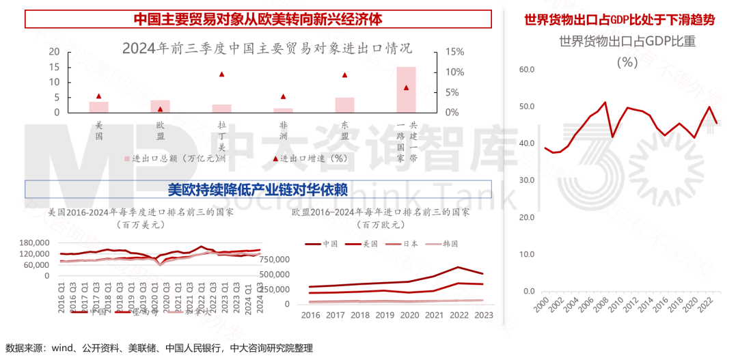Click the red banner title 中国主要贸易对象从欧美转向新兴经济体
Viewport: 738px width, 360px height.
click(x=258, y=19)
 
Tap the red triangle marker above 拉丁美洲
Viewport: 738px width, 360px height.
click(x=221, y=74)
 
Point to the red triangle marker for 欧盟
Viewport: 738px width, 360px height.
click(x=160, y=109)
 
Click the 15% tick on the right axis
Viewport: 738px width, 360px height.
click(x=454, y=52)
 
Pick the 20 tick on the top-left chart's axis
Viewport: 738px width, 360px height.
click(x=54, y=52)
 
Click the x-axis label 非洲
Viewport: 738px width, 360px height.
click(x=283, y=131)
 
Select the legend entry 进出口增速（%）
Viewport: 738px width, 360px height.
click(x=307, y=158)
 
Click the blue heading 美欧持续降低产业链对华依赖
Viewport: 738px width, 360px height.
click(x=258, y=189)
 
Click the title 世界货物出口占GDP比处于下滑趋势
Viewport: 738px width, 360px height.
click(x=619, y=20)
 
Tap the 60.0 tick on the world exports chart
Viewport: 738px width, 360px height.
click(x=525, y=70)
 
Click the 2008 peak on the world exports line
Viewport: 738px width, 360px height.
click(x=605, y=102)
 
